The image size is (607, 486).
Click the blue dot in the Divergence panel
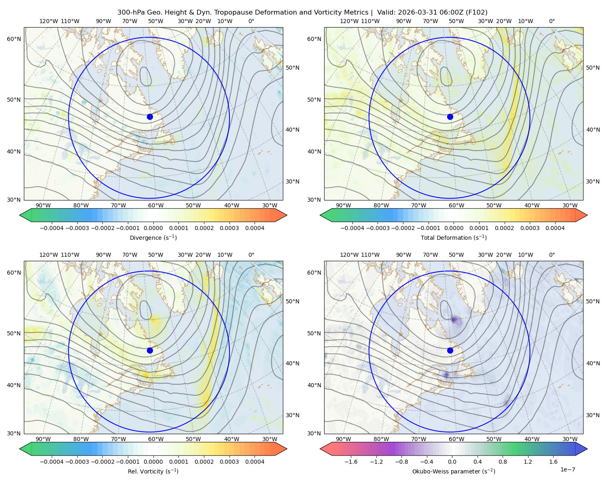point(150,117)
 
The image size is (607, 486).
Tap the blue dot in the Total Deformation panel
point(450,117)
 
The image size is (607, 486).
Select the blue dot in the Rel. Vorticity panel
point(150,350)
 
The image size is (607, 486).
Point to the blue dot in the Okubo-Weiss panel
point(450,350)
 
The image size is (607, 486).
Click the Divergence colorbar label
point(153,237)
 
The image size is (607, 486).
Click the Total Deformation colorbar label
point(454,237)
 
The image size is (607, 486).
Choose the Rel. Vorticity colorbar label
point(153,471)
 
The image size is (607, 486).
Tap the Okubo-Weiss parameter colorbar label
point(454,471)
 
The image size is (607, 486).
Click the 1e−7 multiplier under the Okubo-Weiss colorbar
point(567,469)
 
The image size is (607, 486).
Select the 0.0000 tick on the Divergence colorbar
point(153,228)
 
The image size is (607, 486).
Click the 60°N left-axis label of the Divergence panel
point(14,39)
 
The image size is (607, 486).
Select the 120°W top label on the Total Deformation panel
point(349,21)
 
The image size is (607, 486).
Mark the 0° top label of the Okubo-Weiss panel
point(552,254)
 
